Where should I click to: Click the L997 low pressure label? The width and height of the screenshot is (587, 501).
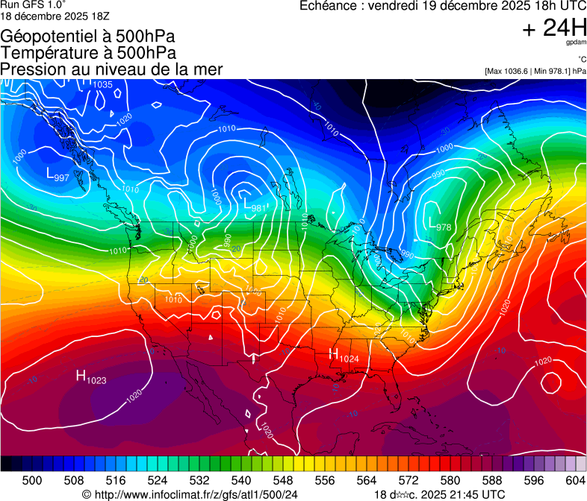point(58,175)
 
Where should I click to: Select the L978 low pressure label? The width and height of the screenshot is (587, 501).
point(439,223)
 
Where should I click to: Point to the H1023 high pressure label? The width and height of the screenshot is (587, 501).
point(90,377)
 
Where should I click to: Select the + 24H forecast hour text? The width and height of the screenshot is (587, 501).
point(554,28)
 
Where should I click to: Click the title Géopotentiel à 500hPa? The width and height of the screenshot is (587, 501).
point(88,37)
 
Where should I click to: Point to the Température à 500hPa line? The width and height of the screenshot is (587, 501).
point(88,53)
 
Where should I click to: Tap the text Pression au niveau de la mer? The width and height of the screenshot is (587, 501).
point(111,69)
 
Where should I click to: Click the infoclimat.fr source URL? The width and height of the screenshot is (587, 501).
point(190,495)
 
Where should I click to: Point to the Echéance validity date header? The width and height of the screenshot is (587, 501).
point(442,6)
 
